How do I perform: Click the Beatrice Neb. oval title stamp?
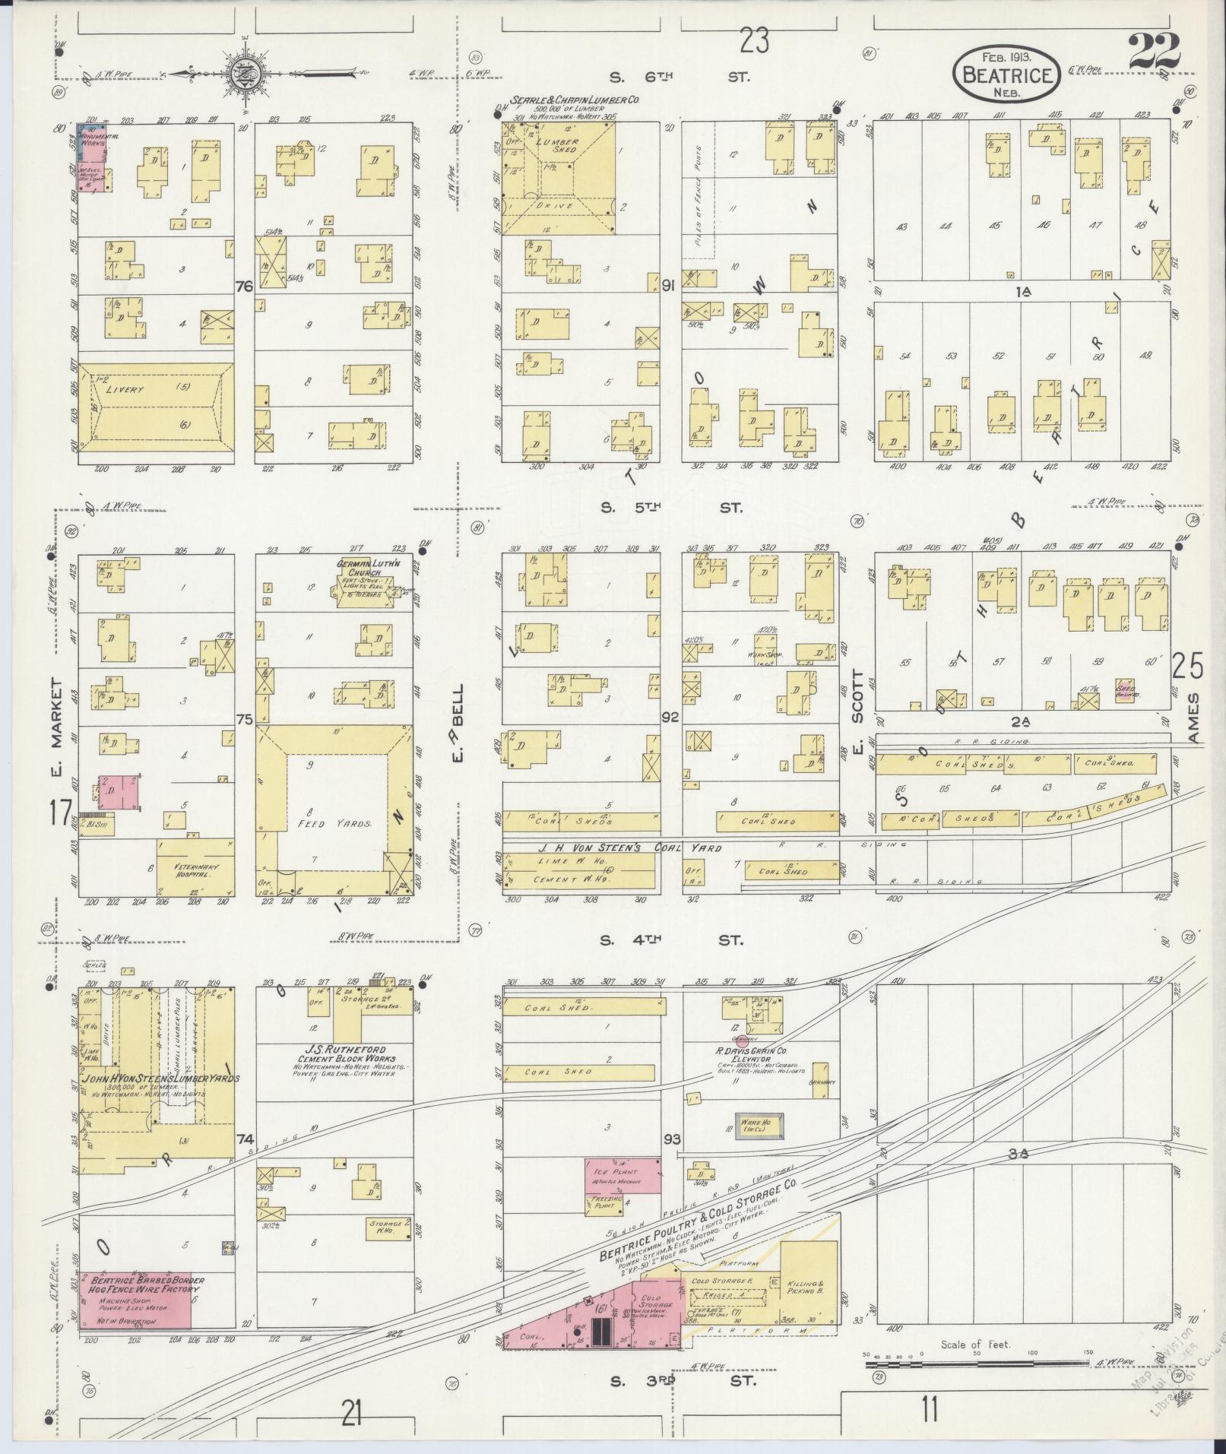pyautogui.click(x=1006, y=73)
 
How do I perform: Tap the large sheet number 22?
pyautogui.click(x=1154, y=52)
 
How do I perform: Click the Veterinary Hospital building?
pyautogui.click(x=196, y=867)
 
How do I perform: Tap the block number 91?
pyautogui.click(x=669, y=286)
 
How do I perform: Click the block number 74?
pyautogui.click(x=244, y=1161)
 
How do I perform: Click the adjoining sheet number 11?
pyautogui.click(x=929, y=1410)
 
